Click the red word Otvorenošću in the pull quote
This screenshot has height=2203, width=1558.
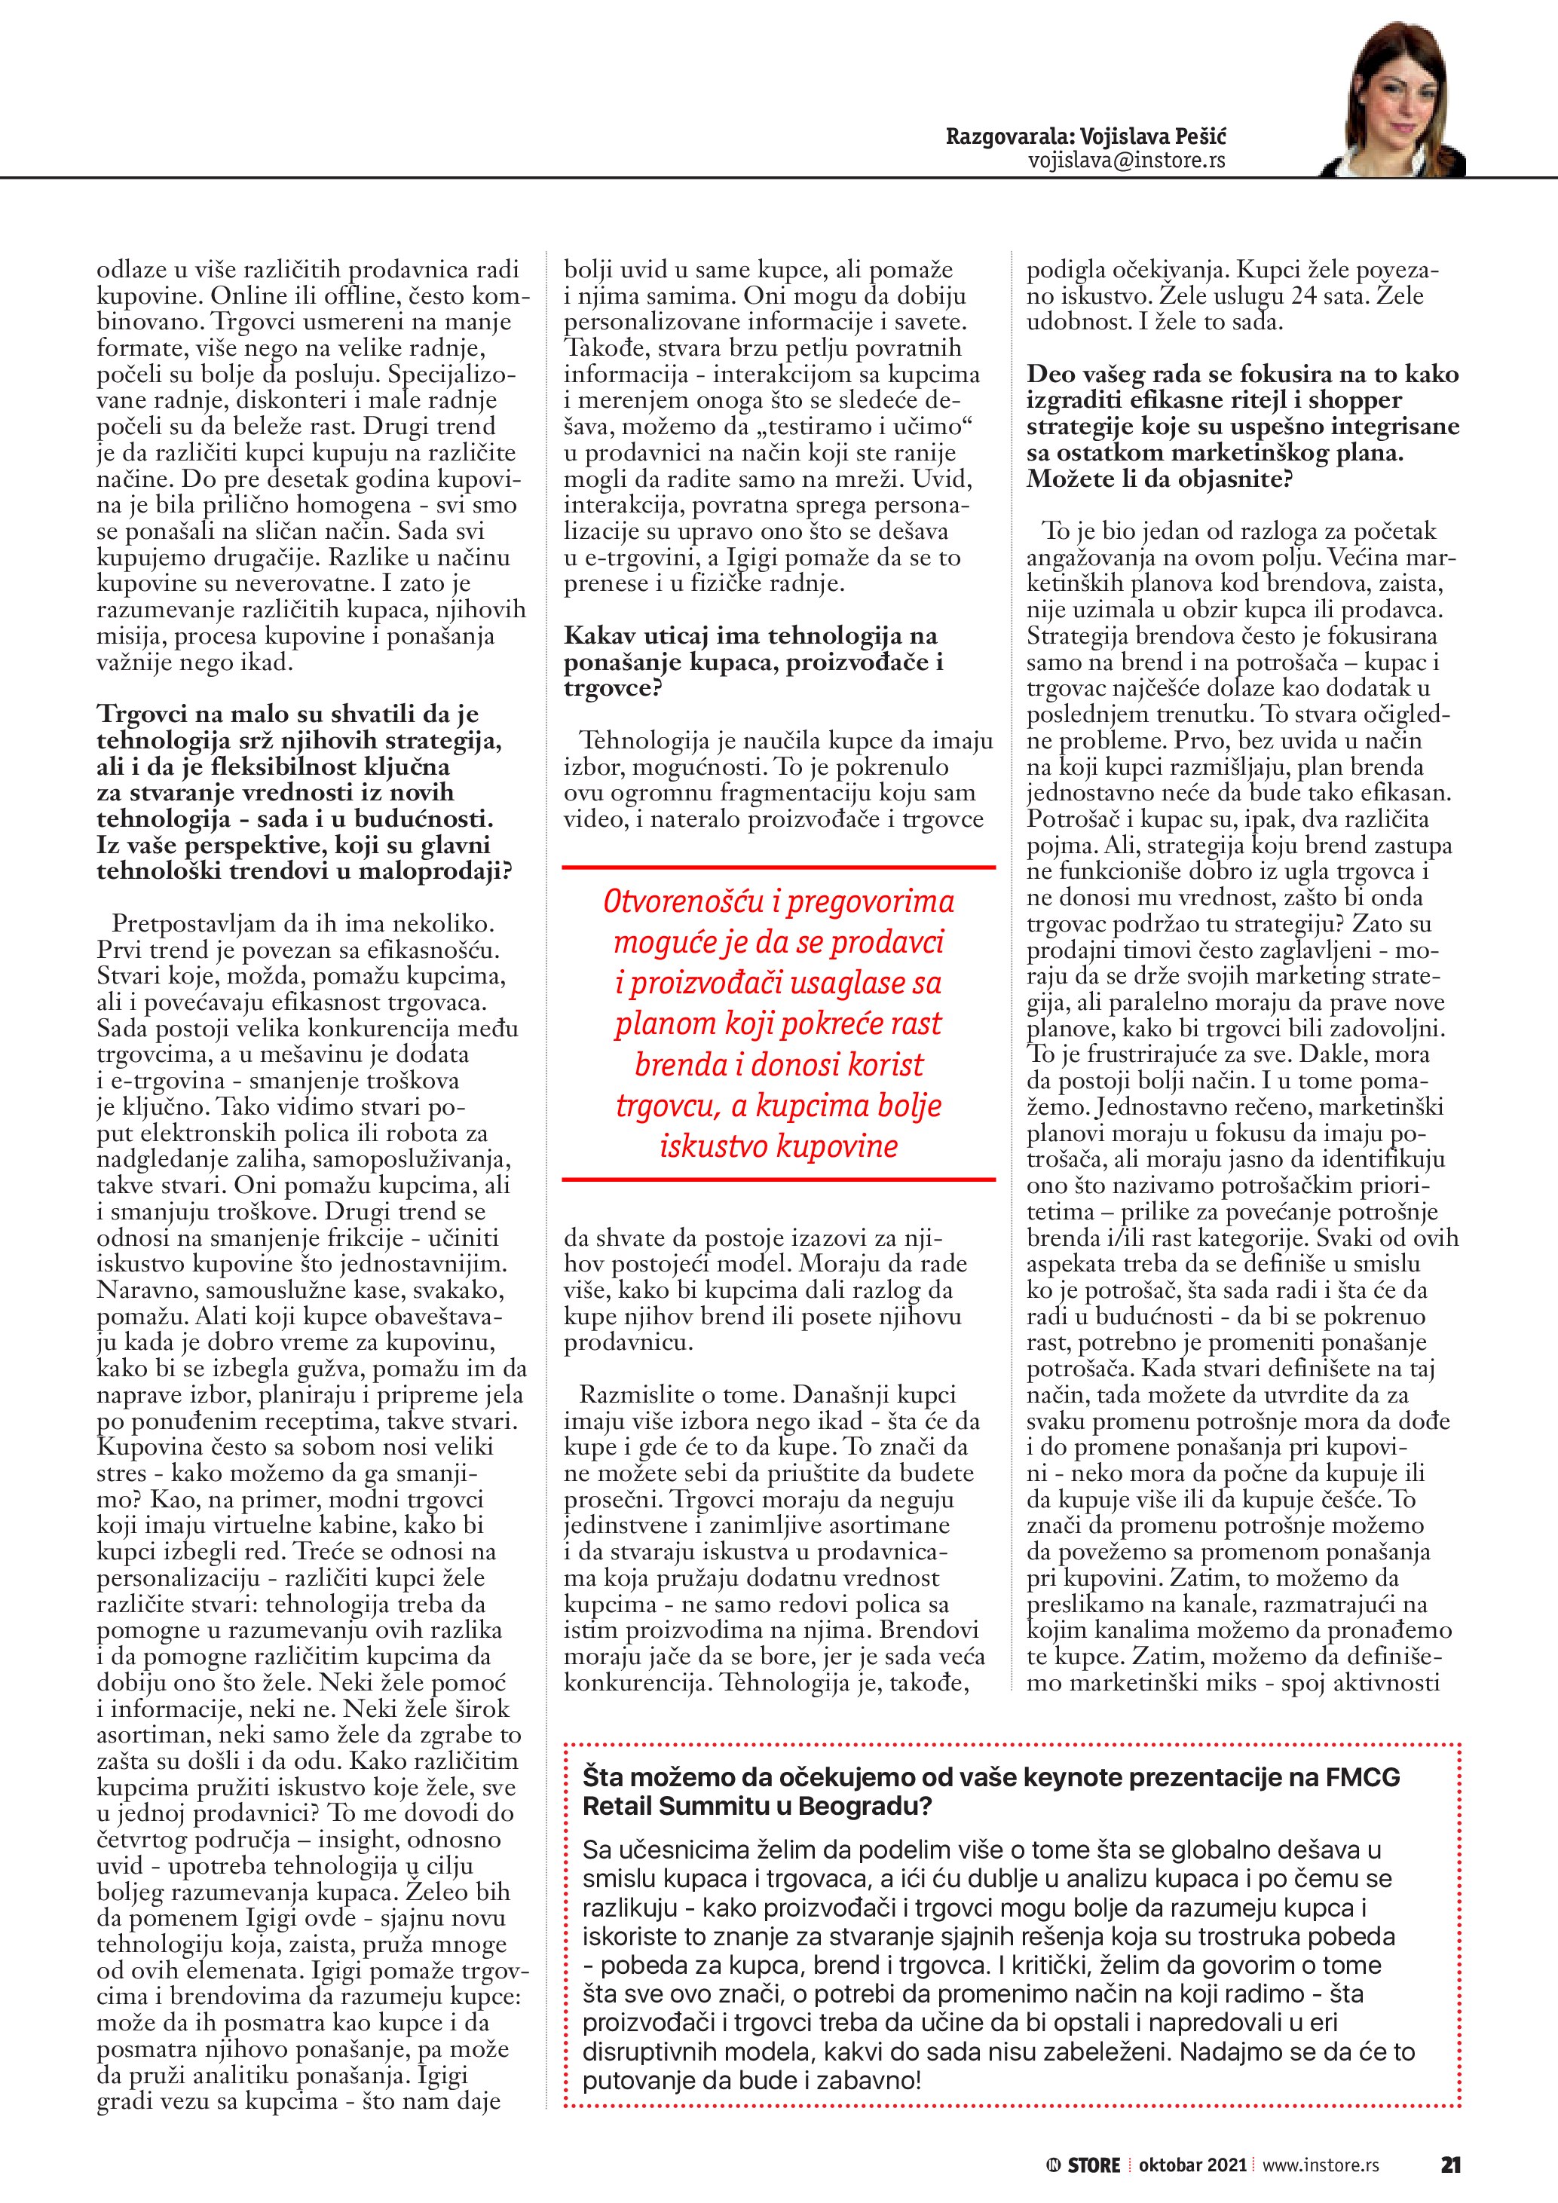[683, 902]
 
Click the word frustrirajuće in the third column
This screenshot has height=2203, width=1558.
[1137, 1054]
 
